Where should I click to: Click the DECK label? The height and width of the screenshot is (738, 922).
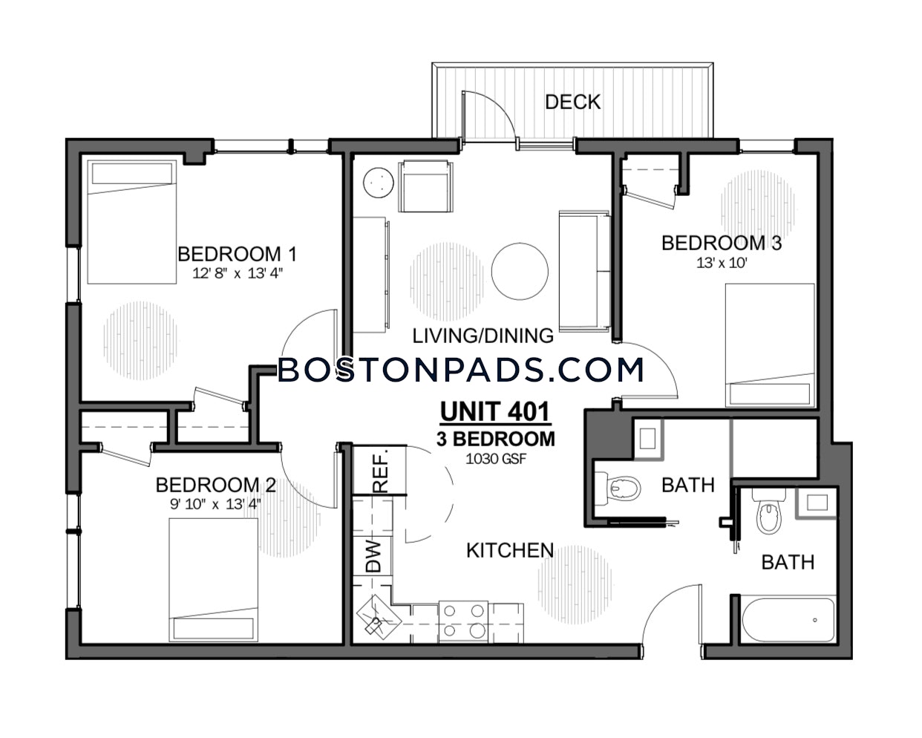573,102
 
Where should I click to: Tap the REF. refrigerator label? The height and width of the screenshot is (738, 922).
380,471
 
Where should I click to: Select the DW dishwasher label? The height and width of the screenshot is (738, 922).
373,556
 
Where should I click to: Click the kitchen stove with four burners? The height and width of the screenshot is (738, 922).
463,622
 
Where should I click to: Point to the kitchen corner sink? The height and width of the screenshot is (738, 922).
379,617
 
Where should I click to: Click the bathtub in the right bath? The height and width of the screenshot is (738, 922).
788,620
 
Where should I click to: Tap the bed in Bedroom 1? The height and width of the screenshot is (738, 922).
132,222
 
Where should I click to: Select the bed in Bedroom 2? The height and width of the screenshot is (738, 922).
213,580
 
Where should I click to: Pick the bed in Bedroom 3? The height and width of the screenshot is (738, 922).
770,345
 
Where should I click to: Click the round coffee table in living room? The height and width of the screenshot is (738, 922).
520,271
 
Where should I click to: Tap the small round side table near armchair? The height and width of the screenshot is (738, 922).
379,182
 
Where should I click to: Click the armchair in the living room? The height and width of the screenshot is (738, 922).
426,186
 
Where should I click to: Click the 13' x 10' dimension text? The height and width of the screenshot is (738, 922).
722,263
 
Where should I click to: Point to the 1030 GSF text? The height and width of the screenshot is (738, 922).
496,459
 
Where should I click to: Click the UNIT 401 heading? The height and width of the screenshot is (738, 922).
495,411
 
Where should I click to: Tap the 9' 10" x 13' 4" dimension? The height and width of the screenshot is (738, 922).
215,504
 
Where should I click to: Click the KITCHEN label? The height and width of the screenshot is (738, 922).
510,551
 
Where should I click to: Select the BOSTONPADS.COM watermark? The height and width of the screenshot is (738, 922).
461,370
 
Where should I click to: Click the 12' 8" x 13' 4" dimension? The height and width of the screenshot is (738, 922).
238,273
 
